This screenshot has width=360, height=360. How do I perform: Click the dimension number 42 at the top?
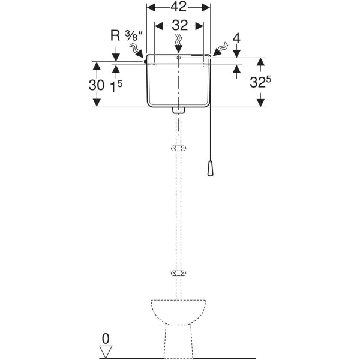coord(178,7)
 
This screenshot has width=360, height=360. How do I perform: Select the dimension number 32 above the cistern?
coord(178,25)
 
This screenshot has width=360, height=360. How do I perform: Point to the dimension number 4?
coord(236,38)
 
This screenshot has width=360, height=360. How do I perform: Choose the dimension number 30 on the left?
coord(97,85)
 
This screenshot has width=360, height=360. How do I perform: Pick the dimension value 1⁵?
coord(117,85)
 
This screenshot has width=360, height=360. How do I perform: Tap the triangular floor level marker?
coord(106,350)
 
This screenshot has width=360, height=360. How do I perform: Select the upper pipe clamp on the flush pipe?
coord(178,148)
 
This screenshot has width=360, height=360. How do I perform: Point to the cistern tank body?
coord(178,84)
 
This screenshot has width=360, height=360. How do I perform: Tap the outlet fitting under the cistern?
coord(178,110)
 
